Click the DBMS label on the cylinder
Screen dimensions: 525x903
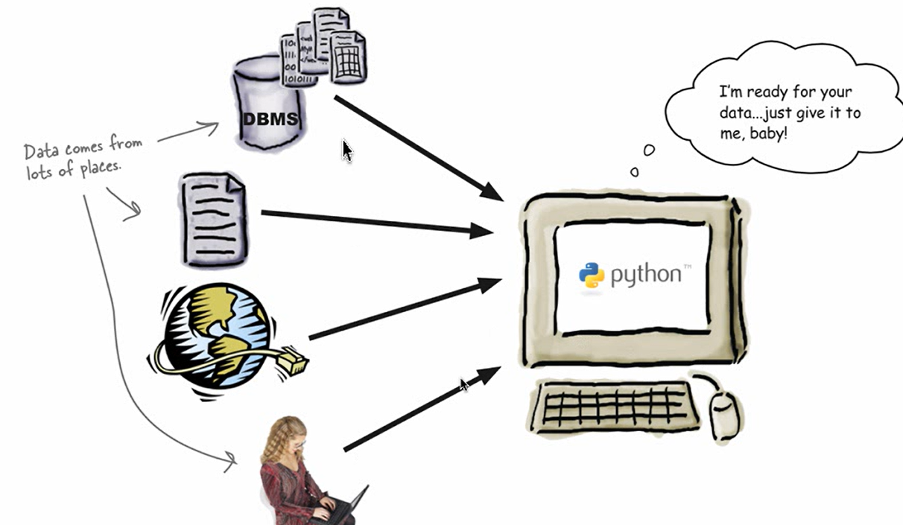tap(270, 119)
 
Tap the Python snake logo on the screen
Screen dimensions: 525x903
tap(592, 275)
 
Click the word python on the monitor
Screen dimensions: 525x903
tap(645, 275)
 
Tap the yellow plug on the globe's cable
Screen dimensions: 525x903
tap(293, 363)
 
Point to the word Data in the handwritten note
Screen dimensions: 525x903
tap(41, 152)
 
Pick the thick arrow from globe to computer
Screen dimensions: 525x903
tap(403, 310)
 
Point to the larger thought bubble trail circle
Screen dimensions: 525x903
tap(649, 150)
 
